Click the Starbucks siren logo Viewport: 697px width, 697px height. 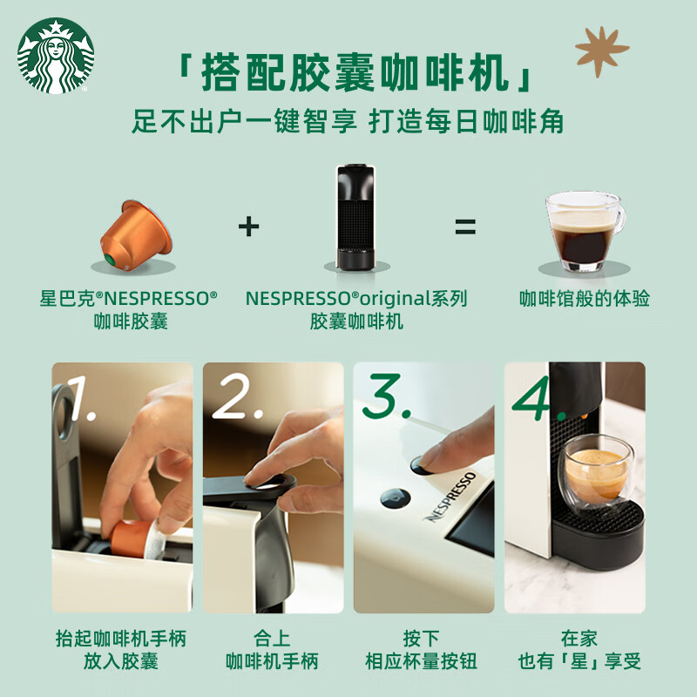tap(55, 55)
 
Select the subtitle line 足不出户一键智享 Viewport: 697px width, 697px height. tap(244, 121)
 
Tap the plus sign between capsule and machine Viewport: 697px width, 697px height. tap(249, 227)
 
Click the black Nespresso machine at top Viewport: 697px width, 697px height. tap(355, 214)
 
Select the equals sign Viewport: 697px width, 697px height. tap(465, 227)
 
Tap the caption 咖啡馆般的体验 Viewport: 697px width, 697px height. tap(584, 299)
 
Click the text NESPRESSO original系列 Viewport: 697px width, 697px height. tap(355, 299)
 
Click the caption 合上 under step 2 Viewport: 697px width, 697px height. tap(272, 639)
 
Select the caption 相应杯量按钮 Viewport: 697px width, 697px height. tap(422, 661)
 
